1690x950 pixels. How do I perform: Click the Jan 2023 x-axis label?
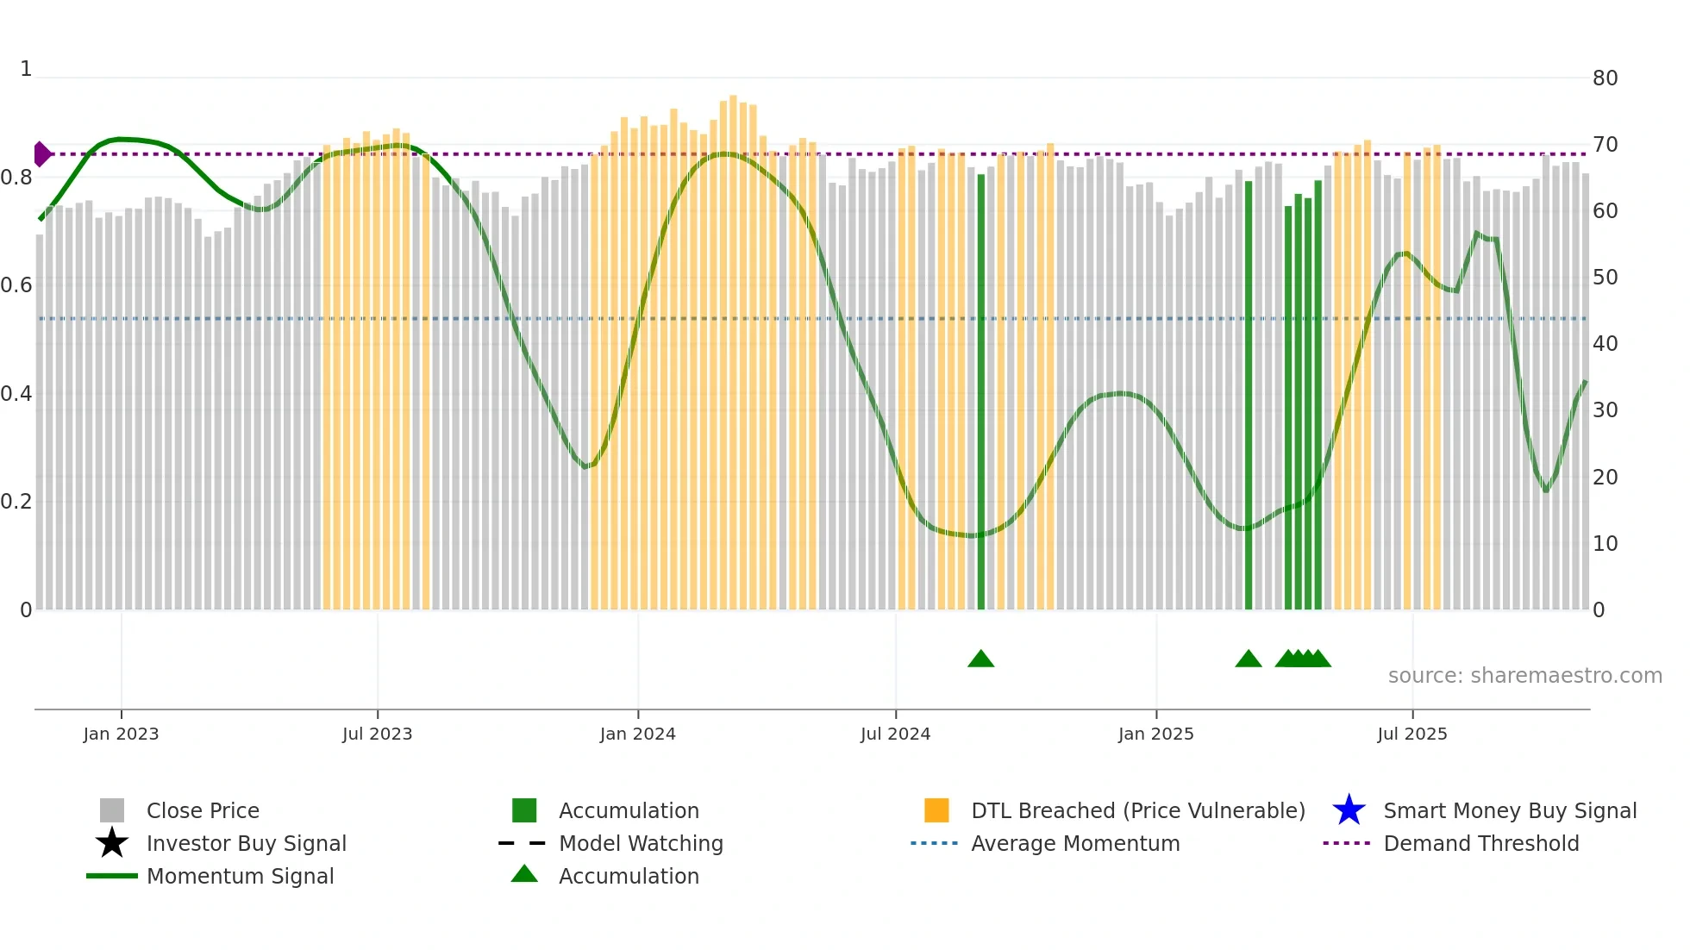click(x=121, y=734)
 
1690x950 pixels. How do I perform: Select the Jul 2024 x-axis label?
click(x=895, y=734)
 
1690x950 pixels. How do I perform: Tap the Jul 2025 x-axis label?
click(x=1411, y=734)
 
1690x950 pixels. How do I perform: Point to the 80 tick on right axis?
click(x=1605, y=78)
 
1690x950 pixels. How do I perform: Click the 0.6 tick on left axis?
click(x=17, y=285)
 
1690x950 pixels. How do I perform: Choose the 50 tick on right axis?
click(x=1605, y=278)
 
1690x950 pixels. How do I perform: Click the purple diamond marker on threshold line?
click(x=41, y=154)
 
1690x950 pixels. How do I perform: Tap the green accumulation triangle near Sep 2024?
click(x=980, y=659)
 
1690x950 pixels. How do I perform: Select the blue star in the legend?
click(x=1349, y=810)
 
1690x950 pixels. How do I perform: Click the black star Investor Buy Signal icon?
click(x=112, y=843)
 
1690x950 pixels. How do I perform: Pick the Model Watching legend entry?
click(x=640, y=843)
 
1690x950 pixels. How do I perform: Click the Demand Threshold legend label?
click(x=1480, y=843)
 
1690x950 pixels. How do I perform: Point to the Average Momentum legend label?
click(x=1074, y=843)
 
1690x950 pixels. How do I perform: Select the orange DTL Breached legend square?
click(x=936, y=810)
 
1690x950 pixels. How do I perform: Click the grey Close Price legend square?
click(x=112, y=810)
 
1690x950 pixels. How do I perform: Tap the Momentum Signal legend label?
click(x=240, y=876)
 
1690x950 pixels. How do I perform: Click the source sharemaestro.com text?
click(x=1524, y=676)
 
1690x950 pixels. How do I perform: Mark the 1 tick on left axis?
click(x=26, y=69)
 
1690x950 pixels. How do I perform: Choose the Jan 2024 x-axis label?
click(x=637, y=734)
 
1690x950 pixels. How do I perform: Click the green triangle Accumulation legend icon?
click(x=524, y=874)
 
